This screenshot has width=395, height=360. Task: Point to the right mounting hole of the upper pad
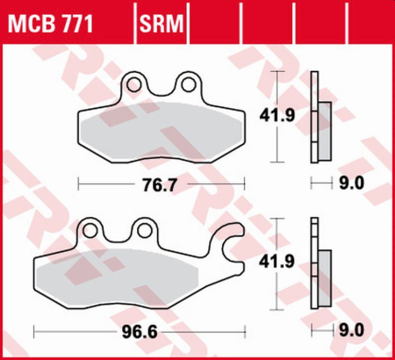point(188,83)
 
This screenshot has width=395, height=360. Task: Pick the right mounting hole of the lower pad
point(143,231)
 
